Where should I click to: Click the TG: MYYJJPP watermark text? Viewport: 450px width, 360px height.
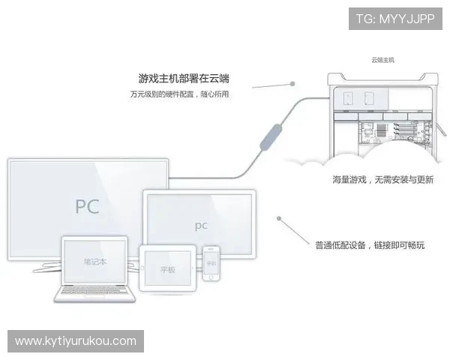395,19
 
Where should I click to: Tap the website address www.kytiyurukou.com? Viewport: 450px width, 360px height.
76,341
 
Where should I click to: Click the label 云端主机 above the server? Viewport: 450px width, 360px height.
382,59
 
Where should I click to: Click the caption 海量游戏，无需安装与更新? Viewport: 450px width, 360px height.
383,180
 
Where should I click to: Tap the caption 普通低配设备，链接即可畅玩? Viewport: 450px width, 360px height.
370,244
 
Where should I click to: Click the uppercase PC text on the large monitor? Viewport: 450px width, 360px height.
87,206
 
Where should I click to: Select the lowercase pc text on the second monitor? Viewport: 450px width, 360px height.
200,224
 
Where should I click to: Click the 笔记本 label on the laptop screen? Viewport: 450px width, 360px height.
95,262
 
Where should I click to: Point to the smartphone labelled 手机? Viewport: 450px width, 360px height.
211,264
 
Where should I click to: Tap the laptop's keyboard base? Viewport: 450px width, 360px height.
96,294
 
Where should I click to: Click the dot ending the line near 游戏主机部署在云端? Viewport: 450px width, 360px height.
292,84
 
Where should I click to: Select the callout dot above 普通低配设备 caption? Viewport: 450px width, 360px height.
279,220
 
